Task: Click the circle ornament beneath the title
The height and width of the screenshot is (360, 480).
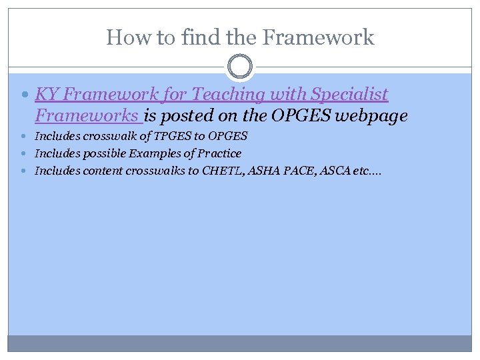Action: click(240, 67)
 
